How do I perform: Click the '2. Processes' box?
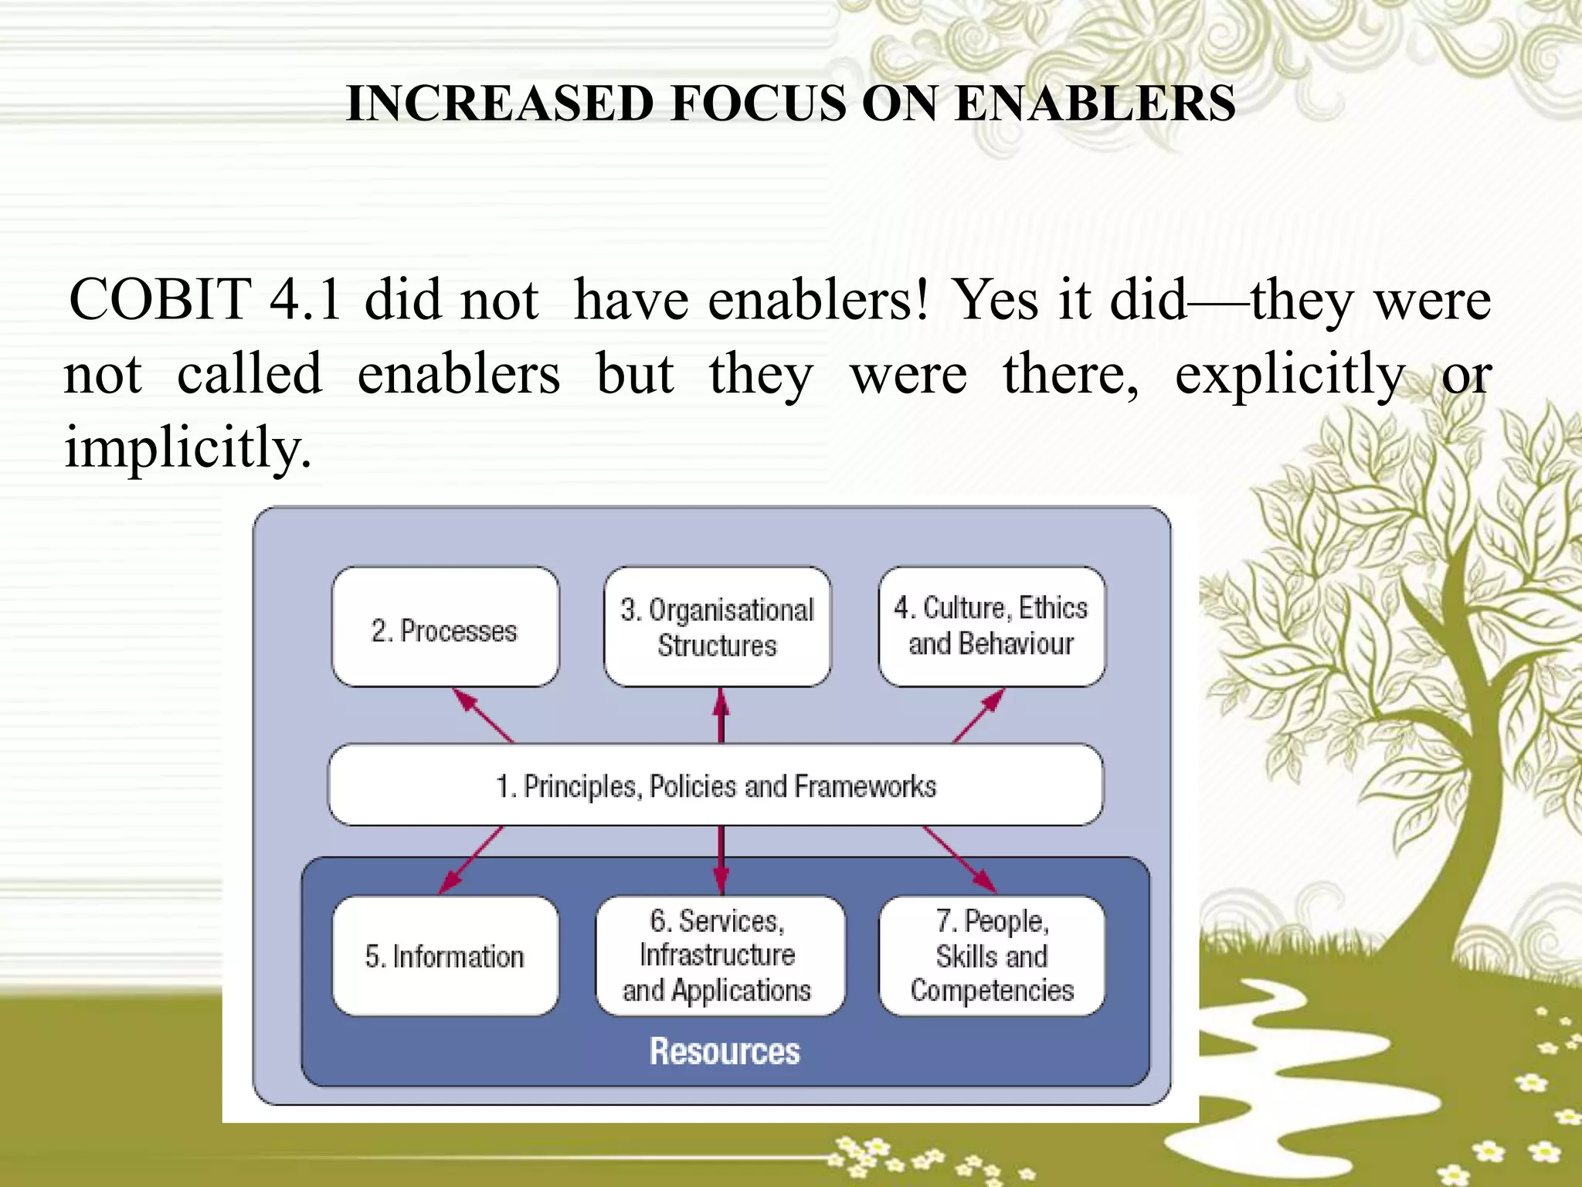445,627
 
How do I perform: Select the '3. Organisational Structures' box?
717,627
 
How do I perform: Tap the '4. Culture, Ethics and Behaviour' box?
991,627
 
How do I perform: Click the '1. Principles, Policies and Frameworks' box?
715,785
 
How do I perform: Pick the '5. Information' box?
445,956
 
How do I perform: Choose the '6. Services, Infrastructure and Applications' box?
719,956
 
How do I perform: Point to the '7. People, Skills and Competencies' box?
992,956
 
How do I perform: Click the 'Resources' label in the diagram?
725,1051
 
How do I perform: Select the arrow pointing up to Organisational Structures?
721,715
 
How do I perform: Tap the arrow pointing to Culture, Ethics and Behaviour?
979,715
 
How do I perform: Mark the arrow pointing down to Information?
471,860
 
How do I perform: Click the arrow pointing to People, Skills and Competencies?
959,859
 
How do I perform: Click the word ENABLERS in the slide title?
1095,104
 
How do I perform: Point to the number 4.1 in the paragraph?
305,300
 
